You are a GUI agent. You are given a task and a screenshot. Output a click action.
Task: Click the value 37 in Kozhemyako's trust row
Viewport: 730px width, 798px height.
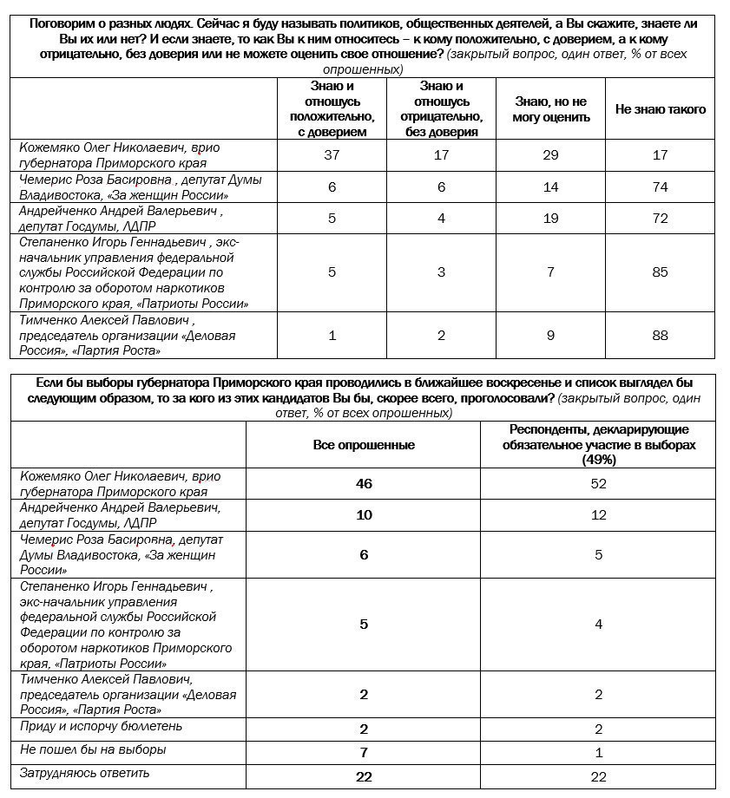click(x=332, y=155)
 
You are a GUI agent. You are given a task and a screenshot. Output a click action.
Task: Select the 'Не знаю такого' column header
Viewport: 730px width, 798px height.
click(x=660, y=109)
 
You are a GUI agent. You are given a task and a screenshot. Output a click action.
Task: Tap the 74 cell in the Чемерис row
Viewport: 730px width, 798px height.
click(x=660, y=187)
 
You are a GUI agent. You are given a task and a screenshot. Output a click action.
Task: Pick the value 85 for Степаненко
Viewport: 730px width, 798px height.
click(x=660, y=271)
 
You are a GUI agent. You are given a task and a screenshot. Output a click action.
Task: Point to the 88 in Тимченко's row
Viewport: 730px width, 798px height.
click(x=660, y=336)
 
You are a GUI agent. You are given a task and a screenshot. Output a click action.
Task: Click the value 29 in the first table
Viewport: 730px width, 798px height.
click(x=551, y=155)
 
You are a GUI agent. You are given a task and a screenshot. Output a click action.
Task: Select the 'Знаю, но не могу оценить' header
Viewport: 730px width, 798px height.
click(x=551, y=109)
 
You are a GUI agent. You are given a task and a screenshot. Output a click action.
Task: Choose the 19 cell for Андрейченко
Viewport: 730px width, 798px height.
click(x=551, y=219)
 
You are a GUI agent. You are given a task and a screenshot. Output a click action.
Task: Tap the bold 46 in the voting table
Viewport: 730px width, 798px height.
click(x=364, y=483)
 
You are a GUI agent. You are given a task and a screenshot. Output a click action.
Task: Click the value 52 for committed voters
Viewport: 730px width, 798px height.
click(x=598, y=483)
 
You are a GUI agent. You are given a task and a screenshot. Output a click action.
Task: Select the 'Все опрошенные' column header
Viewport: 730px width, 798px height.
click(x=364, y=445)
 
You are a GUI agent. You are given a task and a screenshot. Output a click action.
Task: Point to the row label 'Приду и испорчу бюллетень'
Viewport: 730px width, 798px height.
click(x=101, y=725)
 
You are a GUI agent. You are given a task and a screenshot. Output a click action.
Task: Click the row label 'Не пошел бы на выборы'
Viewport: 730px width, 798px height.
click(x=92, y=749)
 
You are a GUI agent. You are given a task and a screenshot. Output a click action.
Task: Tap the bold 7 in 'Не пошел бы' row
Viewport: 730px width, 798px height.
click(x=364, y=752)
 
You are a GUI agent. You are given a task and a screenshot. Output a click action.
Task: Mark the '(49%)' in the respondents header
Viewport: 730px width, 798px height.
click(x=598, y=460)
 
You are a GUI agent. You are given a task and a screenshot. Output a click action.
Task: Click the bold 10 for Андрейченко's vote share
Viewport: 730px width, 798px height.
click(x=364, y=514)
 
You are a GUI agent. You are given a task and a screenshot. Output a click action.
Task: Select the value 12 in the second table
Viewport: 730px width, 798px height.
click(x=598, y=514)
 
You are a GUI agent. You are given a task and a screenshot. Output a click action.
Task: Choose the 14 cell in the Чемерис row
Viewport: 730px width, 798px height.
click(x=551, y=187)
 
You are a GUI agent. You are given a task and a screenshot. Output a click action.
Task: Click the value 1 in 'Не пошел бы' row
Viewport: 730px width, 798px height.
click(x=598, y=752)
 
